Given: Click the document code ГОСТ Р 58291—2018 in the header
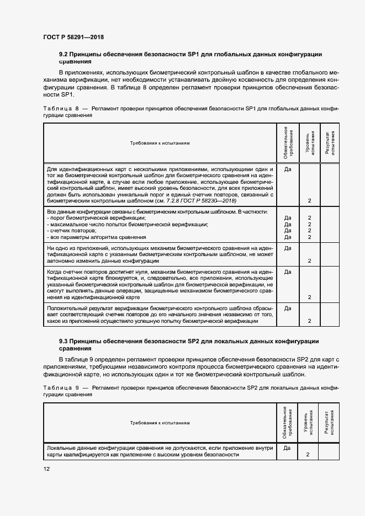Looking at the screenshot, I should (x=73, y=38).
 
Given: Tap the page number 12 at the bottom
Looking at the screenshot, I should (x=46, y=469).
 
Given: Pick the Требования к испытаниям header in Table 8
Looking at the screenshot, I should (x=160, y=142).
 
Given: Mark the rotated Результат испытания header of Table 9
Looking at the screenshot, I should (x=329, y=423).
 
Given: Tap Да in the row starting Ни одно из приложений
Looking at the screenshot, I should (x=287, y=248).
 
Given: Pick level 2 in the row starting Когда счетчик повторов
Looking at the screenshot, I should (x=310, y=297).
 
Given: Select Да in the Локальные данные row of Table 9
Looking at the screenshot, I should (x=287, y=448).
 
